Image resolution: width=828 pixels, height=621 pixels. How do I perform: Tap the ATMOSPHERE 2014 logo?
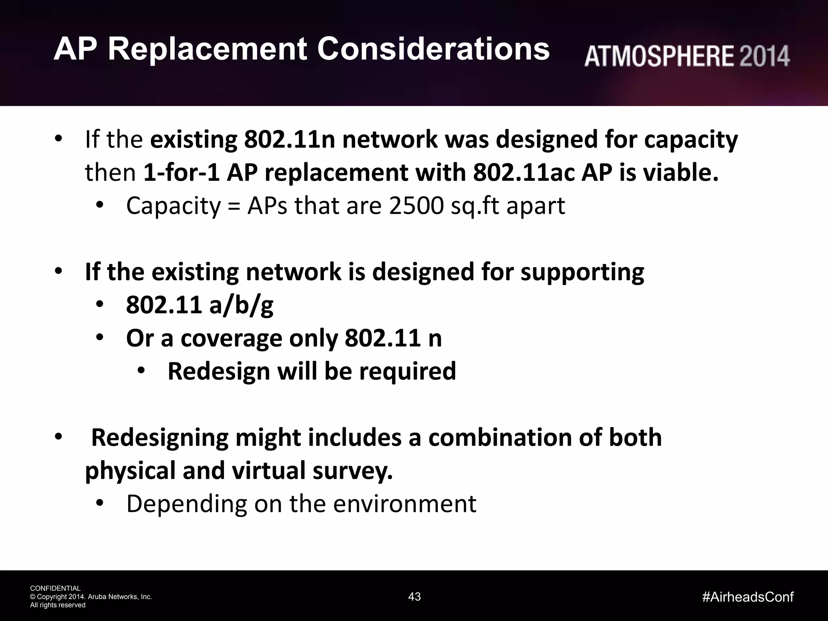pyautogui.click(x=686, y=56)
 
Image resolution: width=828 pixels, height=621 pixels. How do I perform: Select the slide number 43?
pyautogui.click(x=414, y=596)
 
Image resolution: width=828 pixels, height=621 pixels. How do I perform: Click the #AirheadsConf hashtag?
pyautogui.click(x=748, y=597)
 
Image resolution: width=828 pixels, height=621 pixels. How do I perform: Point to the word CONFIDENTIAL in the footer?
pyautogui.click(x=55, y=588)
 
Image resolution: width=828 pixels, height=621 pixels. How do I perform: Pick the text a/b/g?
pyautogui.click(x=241, y=305)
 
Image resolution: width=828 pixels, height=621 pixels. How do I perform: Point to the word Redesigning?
pyautogui.click(x=160, y=438)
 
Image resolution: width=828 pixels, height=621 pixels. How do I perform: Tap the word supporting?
pyautogui.click(x=582, y=272)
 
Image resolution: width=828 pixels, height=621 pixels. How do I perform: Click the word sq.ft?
pyautogui.click(x=475, y=206)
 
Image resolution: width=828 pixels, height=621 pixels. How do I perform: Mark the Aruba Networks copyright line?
pyautogui.click(x=91, y=597)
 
